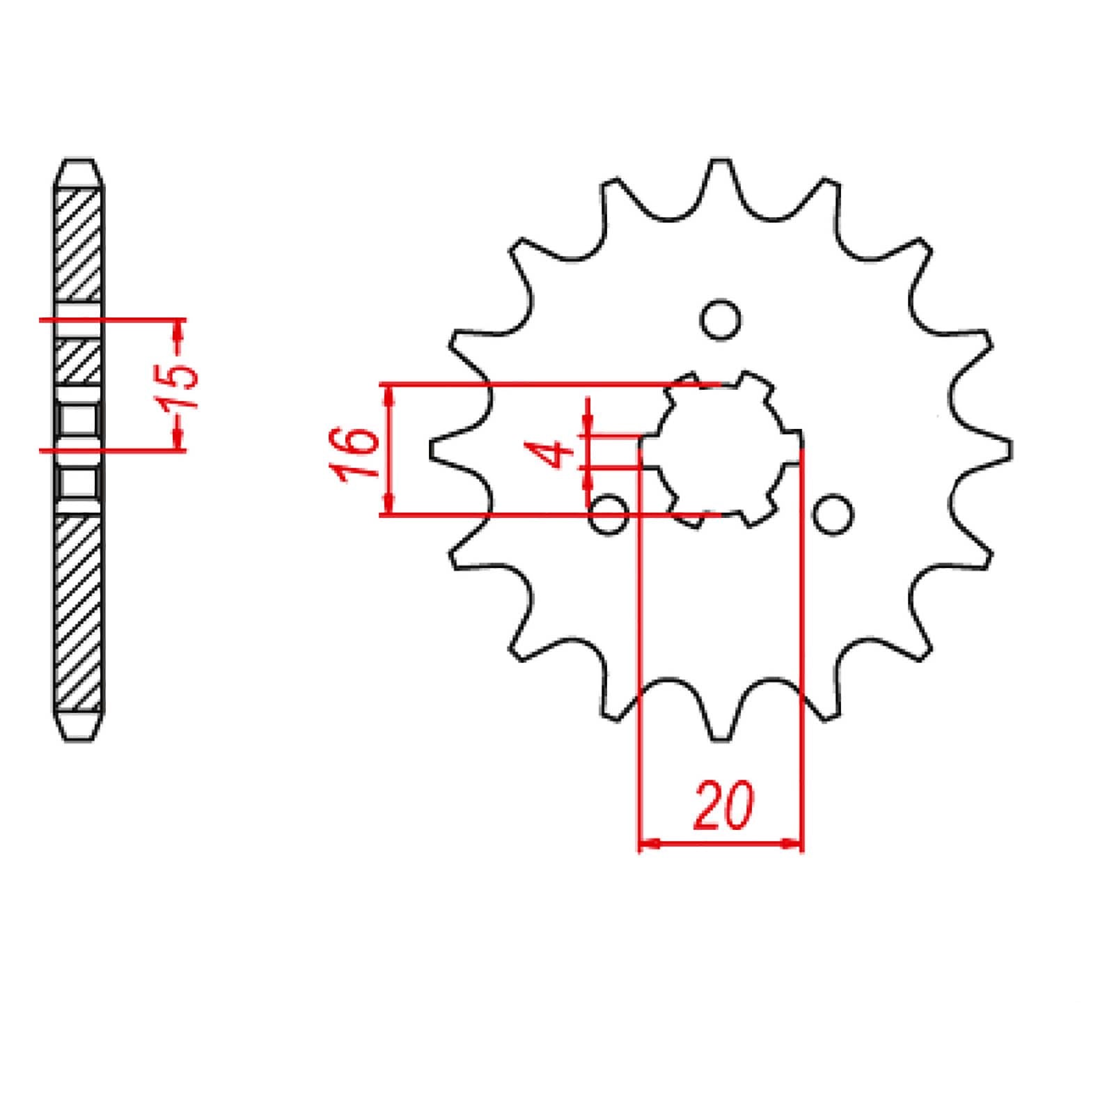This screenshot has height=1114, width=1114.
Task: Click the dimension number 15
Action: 180,385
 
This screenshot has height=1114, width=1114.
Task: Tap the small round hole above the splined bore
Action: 721,321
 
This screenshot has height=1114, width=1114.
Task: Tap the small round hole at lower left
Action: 609,516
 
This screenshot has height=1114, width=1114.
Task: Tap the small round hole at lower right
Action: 833,515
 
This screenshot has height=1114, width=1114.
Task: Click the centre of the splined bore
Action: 721,449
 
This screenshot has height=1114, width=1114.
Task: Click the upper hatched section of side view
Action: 79,244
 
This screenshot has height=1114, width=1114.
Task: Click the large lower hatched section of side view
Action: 79,613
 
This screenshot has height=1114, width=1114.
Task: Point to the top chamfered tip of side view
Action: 79,171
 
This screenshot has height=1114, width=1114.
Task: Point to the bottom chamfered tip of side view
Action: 79,728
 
